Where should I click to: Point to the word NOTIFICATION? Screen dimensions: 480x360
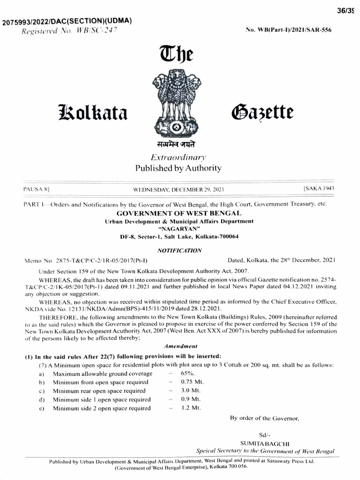pos(180,250)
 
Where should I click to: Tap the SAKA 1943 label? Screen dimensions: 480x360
pos(319,188)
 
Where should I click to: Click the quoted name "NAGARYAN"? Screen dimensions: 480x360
pos(180,228)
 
